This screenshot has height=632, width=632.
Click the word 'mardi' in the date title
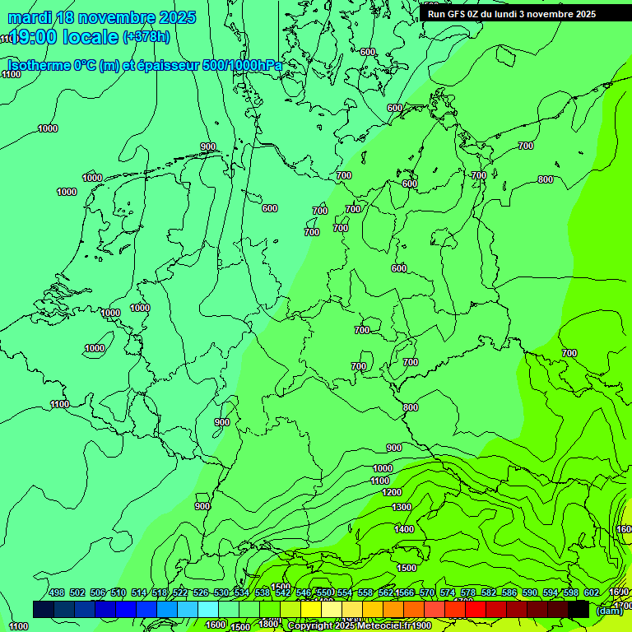coord(29,17)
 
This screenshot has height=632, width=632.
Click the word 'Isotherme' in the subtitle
coord(39,66)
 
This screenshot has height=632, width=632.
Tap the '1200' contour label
coord(392,492)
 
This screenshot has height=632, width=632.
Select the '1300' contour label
coord(402,507)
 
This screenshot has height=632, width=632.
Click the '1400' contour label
coord(404,529)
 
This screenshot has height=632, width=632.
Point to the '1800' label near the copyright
coord(268,624)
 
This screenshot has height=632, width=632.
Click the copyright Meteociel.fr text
coord(360,626)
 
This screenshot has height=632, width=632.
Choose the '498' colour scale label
coord(57,593)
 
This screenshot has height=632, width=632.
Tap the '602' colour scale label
coord(592,593)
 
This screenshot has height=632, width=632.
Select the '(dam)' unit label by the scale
coord(609,611)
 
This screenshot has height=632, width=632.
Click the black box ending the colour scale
coord(579,609)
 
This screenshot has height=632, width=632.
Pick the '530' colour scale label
coord(221,593)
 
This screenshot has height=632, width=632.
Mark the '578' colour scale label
coord(468,593)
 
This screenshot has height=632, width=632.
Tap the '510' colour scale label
coord(118,593)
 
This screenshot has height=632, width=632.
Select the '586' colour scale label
coord(509,593)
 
